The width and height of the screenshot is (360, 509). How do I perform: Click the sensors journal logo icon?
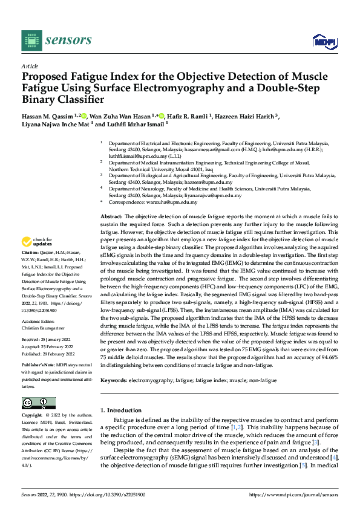click(x=30, y=40)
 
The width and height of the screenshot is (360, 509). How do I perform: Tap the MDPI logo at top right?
click(x=324, y=41)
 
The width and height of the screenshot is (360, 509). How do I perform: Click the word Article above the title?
click(x=30, y=65)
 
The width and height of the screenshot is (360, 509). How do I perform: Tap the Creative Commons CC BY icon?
click(x=38, y=403)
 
